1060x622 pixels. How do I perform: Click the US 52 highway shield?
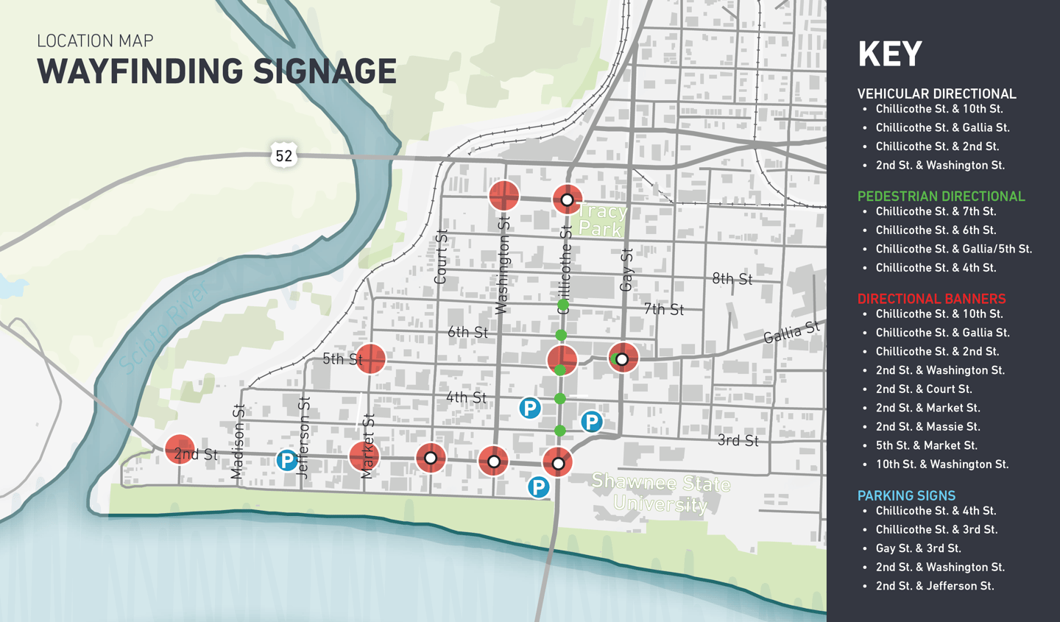tap(283, 155)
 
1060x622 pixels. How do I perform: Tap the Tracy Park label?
tap(601, 220)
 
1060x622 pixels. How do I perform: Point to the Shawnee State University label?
tap(660, 492)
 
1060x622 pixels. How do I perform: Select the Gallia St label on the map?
tap(791, 333)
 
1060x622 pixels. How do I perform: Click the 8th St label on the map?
tap(732, 279)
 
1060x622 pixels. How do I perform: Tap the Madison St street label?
tap(238, 442)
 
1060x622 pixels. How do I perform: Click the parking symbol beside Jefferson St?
tap(286, 461)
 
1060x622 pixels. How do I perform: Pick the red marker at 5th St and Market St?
tap(371, 358)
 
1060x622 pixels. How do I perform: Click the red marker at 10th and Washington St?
tap(504, 196)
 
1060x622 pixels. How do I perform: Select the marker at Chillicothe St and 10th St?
tap(567, 199)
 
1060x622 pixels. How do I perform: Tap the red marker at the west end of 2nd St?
tap(180, 449)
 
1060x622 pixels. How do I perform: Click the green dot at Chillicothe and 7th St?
tap(563, 305)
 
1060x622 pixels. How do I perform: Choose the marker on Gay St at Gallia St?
tap(623, 358)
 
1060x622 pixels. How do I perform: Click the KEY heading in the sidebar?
tap(889, 54)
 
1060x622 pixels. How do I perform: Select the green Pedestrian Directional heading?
tap(941, 197)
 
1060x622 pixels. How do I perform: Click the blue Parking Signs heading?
tap(906, 496)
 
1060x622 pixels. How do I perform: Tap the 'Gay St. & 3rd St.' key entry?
tap(918, 548)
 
